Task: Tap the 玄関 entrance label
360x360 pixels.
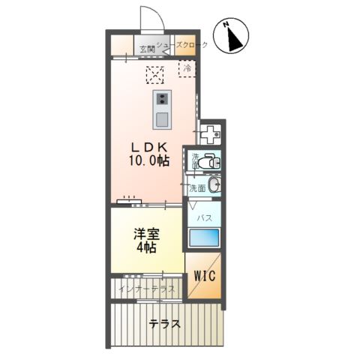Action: [x=146, y=49]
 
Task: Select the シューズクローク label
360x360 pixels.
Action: [x=181, y=44]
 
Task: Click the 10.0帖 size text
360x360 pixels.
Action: [x=149, y=160]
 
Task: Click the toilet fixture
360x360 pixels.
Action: [x=210, y=160]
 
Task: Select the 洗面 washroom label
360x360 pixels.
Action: [x=197, y=187]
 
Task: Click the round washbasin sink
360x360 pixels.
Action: [x=214, y=185]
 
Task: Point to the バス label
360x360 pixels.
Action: [x=203, y=217]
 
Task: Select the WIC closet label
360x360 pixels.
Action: [x=204, y=275]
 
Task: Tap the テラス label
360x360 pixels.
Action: [x=163, y=325]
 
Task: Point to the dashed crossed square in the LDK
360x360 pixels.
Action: [x=154, y=73]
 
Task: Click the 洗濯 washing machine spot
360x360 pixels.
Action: [x=212, y=134]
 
